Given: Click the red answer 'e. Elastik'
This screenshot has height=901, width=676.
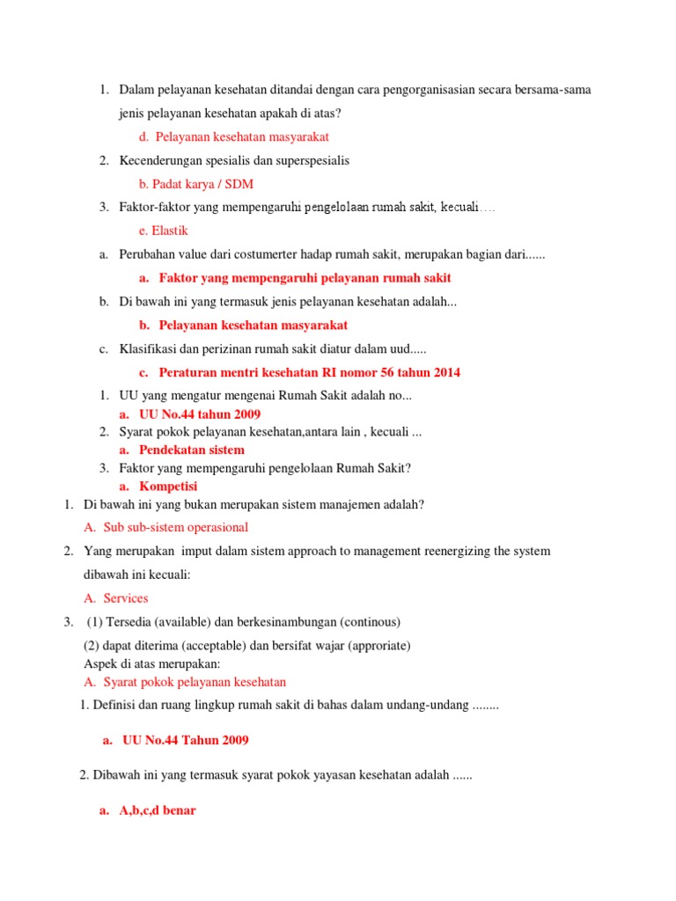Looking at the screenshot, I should click(x=164, y=231).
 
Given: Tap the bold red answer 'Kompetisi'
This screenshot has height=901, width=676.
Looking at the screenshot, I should click(x=168, y=486).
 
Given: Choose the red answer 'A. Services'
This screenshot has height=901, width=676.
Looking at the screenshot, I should click(x=116, y=598).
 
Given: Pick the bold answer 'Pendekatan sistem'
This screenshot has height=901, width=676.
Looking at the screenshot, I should click(x=192, y=450).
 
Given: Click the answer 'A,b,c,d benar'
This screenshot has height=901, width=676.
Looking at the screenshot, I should click(x=158, y=810).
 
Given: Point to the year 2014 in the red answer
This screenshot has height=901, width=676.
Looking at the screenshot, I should click(x=445, y=372).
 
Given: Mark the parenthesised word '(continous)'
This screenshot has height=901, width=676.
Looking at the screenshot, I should click(x=370, y=622).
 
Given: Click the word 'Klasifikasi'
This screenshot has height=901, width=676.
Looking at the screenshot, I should click(x=149, y=348).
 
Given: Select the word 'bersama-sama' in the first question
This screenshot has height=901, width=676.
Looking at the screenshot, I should click(x=555, y=90).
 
